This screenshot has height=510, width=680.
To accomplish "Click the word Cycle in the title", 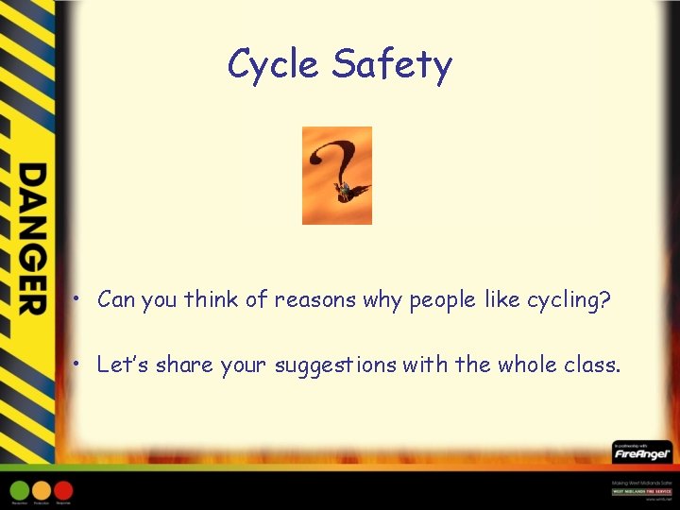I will pyautogui.click(x=274, y=65).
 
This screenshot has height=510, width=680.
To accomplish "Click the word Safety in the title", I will pyautogui.click(x=392, y=65).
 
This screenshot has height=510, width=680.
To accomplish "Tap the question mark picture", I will pyautogui.click(x=336, y=176).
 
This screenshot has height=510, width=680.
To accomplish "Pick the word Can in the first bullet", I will pyautogui.click(x=117, y=300).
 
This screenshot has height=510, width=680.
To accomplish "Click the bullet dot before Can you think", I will pyautogui.click(x=83, y=301).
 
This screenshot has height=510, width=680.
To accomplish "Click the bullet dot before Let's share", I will pyautogui.click(x=83, y=365).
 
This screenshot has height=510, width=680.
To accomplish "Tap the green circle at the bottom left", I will pyautogui.click(x=20, y=490).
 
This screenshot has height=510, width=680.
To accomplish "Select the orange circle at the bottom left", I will pyautogui.click(x=42, y=490).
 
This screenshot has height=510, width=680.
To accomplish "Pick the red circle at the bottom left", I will pyautogui.click(x=63, y=490).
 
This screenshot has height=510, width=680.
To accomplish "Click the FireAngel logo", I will pyautogui.click(x=641, y=453).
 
